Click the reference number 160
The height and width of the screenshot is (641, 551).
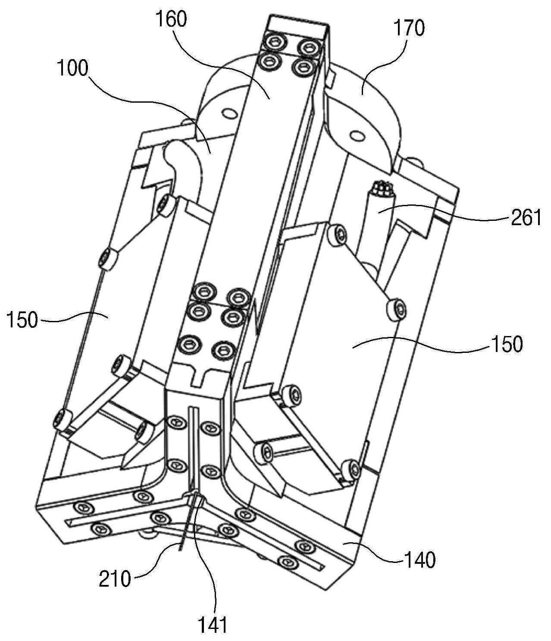171,20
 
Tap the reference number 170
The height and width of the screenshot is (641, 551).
410,28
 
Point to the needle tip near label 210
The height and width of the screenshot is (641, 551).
179,550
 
